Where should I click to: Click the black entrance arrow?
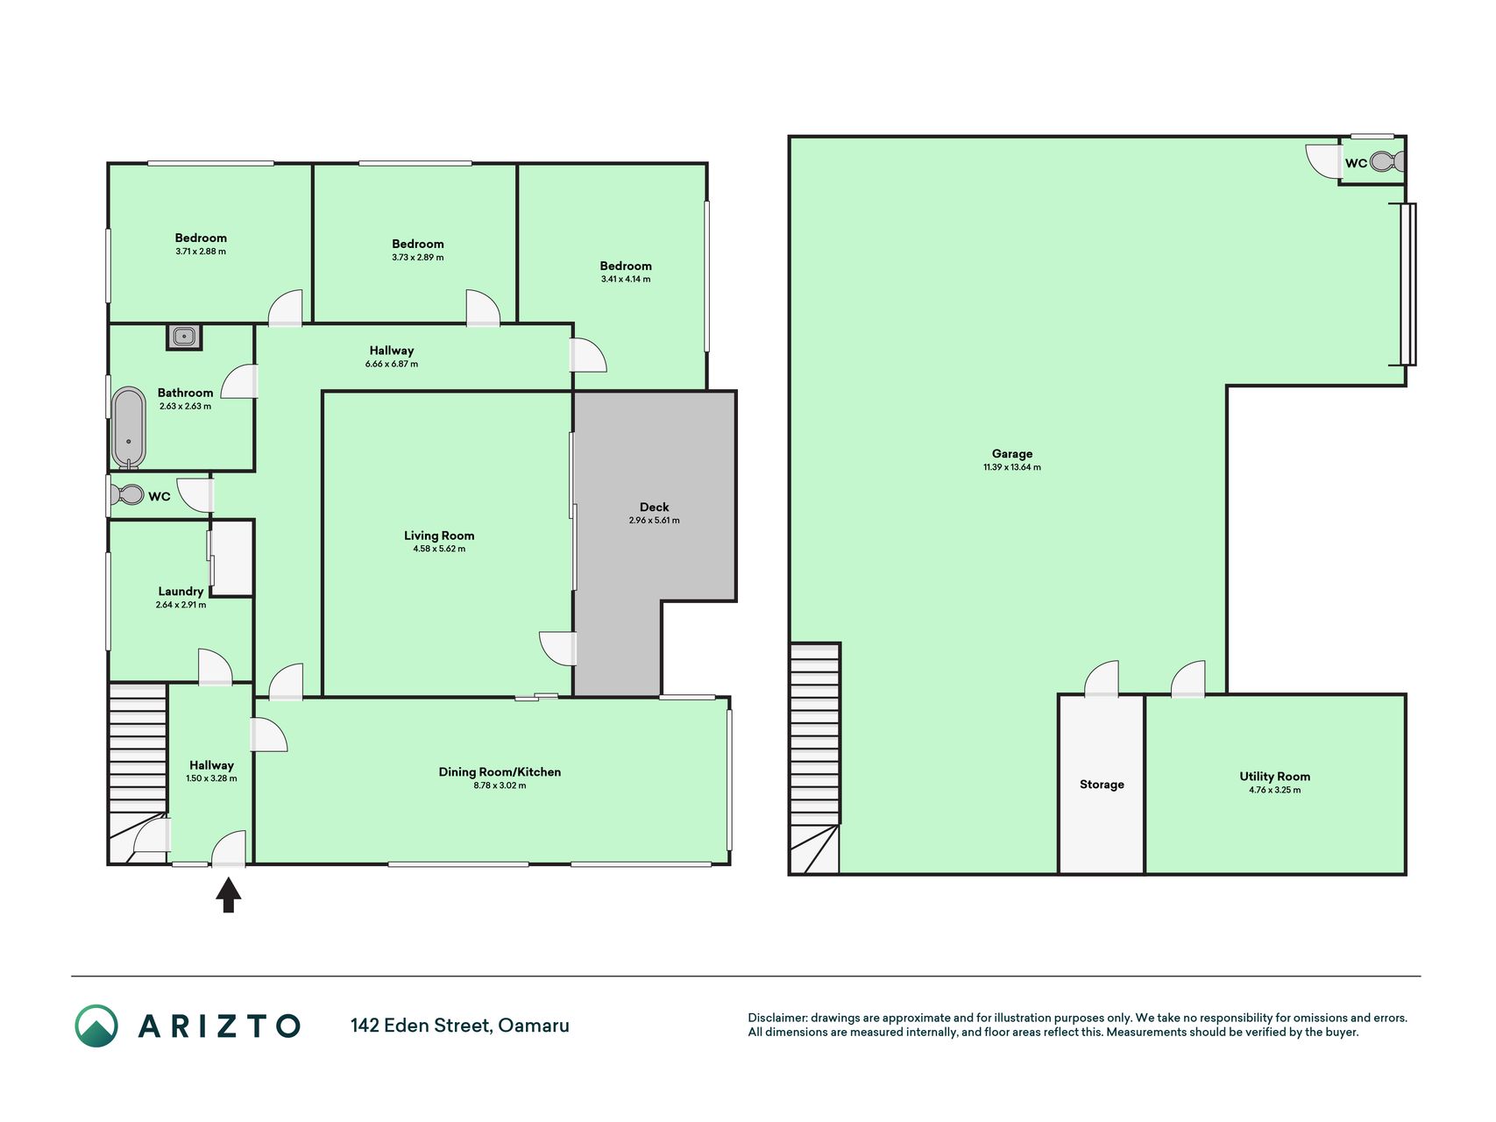tap(229, 896)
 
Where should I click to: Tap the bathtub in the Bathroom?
tap(129, 428)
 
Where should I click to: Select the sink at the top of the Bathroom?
tap(184, 337)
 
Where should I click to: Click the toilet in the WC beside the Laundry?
tap(127, 495)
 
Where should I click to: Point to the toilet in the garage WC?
tap(1387, 161)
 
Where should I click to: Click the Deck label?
tap(654, 507)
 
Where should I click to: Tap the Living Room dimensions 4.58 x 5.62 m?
tap(439, 549)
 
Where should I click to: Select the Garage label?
tap(1012, 453)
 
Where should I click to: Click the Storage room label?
tap(1102, 785)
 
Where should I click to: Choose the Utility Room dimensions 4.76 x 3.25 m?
tap(1275, 790)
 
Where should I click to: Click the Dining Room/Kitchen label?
tap(500, 771)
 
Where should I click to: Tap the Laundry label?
tap(181, 591)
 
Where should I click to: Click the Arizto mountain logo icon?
tap(96, 1026)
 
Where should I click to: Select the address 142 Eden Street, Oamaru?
tap(460, 1026)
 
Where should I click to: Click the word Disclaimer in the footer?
tap(777, 1018)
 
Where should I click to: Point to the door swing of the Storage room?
tap(1102, 678)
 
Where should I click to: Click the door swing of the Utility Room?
tap(1188, 678)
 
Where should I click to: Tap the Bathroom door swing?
tap(239, 382)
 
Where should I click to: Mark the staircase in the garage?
tap(815, 758)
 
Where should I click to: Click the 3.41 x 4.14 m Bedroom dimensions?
tap(626, 279)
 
